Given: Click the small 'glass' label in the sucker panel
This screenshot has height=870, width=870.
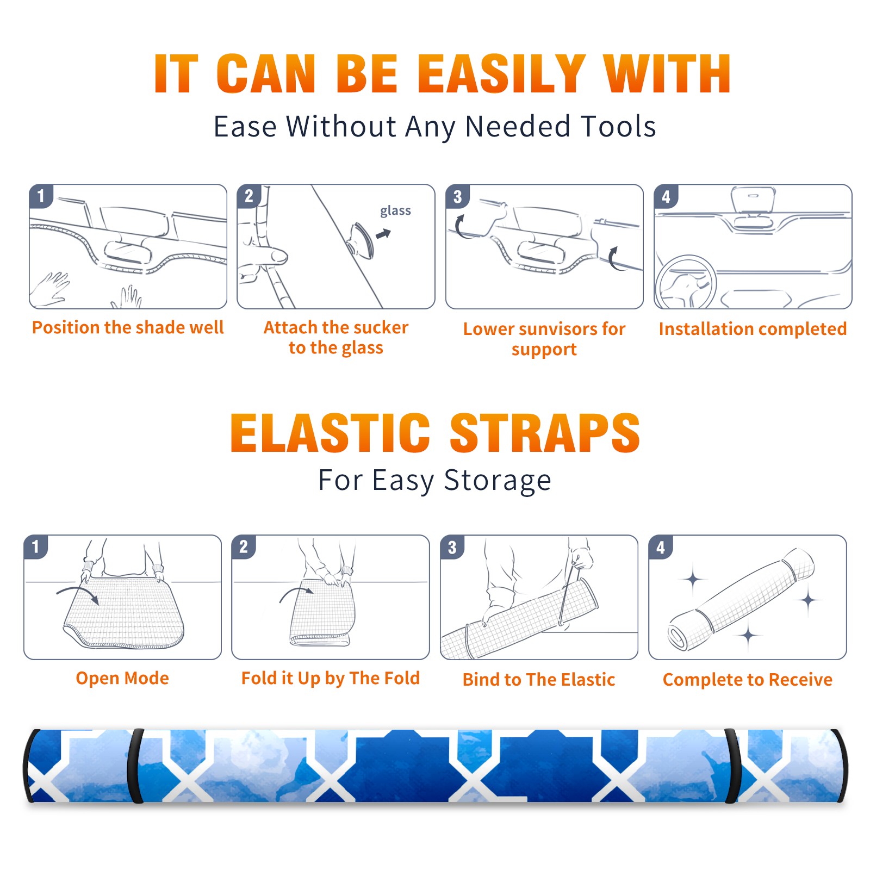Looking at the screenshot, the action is coord(395,211).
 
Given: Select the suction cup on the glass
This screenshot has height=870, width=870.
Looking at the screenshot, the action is coord(361,240).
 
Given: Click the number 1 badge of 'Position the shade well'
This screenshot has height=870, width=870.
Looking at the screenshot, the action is coord(41,196).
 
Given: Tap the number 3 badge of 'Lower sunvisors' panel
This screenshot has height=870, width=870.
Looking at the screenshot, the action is coord(457,196).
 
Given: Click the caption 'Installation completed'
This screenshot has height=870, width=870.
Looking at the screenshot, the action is coord(753,328).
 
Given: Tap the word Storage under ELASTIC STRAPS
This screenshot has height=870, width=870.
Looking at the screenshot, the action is coord(498,481).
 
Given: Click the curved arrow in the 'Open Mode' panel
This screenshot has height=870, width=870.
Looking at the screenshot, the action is coord(78,594).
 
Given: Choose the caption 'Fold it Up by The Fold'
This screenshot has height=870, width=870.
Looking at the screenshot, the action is coord(331,678).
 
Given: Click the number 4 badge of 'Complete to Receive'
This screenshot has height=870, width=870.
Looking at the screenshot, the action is coord(661,547).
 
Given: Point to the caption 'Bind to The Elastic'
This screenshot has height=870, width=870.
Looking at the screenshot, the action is coord(539,679).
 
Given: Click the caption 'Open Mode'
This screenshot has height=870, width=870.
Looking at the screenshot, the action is coord(122,678).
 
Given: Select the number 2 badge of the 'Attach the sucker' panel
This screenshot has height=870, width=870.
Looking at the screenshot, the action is coord(249,196).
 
